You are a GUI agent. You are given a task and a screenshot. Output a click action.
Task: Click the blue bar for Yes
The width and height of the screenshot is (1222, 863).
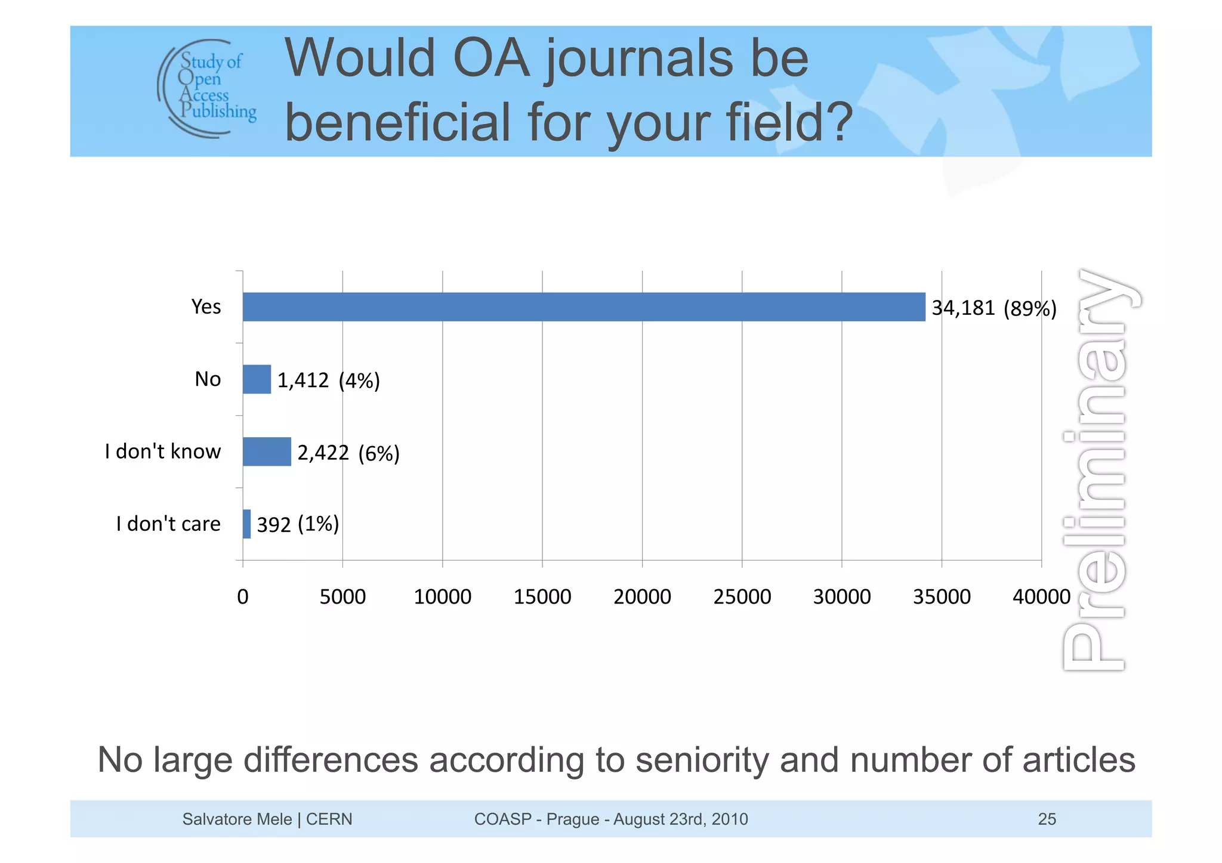pos(584,307)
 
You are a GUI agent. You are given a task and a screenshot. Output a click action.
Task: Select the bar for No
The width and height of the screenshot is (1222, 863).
pos(257,379)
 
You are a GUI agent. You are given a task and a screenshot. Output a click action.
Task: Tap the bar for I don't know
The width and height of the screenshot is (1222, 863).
pos(267,451)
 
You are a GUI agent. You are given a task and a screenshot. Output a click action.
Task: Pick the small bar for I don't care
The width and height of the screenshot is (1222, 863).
pos(246,524)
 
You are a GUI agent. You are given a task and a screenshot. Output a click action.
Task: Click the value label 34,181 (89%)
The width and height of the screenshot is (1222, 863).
pos(993,308)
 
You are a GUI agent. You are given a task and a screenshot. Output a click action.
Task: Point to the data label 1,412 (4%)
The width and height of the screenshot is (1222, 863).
pos(328,381)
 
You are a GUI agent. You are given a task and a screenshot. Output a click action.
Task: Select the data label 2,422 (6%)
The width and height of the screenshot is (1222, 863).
pos(348,453)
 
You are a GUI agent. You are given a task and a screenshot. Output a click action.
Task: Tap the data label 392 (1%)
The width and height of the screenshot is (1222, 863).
pos(298,524)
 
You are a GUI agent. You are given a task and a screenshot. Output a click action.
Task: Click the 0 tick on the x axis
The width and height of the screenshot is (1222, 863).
pos(242,596)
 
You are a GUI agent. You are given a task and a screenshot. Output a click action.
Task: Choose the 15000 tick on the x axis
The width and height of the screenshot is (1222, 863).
pos(542,596)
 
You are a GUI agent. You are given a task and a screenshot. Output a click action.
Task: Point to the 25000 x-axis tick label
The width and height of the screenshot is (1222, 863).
pos(742,596)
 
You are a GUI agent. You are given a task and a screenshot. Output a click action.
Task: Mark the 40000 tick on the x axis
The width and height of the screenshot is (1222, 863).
pos(1041,596)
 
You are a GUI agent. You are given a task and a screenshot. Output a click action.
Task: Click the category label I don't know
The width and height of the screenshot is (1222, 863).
pos(162,451)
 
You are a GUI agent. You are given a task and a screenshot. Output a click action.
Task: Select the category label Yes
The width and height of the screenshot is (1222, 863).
pos(206,307)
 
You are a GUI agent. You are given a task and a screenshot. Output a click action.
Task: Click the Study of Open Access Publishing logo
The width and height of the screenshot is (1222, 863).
pos(207,88)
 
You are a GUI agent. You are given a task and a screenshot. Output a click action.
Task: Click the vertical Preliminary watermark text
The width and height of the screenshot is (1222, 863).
pos(1098,471)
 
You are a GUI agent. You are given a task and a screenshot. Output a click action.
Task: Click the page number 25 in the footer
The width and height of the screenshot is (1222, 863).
pos(1047,819)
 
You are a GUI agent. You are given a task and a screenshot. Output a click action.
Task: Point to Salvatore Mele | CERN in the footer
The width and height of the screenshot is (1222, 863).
pos(267,819)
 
